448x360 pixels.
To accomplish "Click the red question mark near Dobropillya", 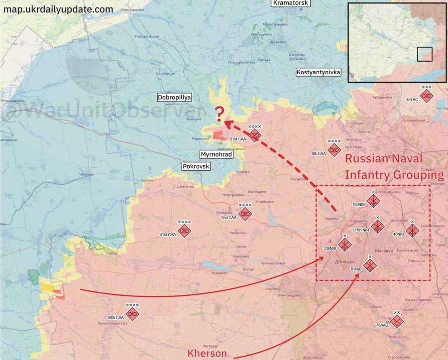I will click(x=219, y=112).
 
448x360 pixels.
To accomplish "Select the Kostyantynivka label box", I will click(x=319, y=72).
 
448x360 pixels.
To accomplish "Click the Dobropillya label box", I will click(x=174, y=98).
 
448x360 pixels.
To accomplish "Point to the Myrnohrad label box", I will click(x=216, y=154).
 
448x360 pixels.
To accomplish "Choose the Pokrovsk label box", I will click(x=196, y=166).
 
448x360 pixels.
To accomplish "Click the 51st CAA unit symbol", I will click(x=255, y=135).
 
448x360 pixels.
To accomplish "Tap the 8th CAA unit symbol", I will click(x=334, y=149).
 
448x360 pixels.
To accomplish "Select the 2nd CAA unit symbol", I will click(x=245, y=214).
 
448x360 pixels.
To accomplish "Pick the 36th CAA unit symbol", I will click(x=132, y=314).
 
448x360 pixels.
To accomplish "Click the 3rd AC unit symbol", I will click(x=427, y=96).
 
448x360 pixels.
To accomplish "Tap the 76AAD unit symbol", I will click(x=396, y=322).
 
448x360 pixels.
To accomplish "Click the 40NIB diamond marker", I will click(x=412, y=230).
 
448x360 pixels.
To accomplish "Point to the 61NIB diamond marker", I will click(x=369, y=265).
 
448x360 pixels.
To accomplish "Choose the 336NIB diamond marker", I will click(x=344, y=244).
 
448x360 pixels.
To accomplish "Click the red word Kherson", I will click(x=207, y=353).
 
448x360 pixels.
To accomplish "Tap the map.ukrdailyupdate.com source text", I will click(x=58, y=9).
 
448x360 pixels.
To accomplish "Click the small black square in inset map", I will click(x=425, y=54).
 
